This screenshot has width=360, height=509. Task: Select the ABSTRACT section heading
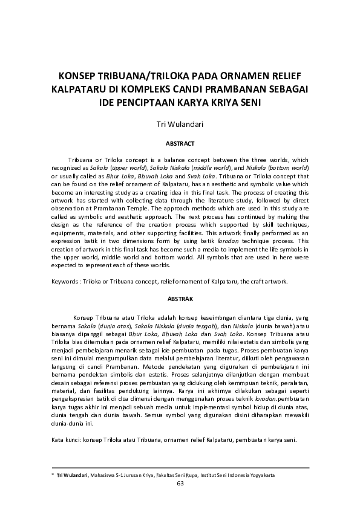point(180,144)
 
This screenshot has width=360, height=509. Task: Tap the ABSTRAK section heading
point(180,299)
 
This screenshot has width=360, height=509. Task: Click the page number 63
point(180,483)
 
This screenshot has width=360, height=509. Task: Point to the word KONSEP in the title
point(79,77)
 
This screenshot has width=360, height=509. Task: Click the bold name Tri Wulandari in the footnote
point(71,476)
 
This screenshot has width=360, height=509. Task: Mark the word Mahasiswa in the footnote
point(105,476)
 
